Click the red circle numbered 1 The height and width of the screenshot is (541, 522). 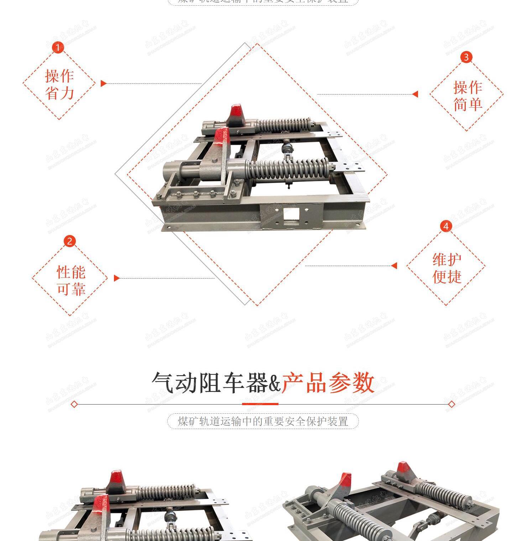point(58,47)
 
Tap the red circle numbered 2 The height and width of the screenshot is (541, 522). point(69,241)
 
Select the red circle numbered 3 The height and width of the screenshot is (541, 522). point(466,57)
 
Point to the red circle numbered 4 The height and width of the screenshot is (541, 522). point(446,226)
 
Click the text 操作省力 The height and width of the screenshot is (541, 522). point(59,85)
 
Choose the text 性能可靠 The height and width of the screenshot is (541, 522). point(71,280)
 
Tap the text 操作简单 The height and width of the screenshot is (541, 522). point(468,96)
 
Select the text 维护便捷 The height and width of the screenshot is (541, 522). point(447,268)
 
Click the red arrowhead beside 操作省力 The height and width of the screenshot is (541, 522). point(103,83)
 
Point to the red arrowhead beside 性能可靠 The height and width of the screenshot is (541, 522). point(116,278)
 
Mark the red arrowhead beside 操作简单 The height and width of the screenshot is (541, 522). point(415,94)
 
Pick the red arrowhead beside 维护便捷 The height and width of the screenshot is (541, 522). point(394,266)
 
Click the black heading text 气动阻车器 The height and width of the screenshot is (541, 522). point(209,383)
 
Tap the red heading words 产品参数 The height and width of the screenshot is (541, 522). point(328,383)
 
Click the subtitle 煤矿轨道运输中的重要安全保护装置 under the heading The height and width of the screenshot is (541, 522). point(263,421)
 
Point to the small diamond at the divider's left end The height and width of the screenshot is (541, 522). point(74,404)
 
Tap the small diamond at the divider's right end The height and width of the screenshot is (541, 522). point(451,404)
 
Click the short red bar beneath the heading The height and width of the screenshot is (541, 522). point(260,404)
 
